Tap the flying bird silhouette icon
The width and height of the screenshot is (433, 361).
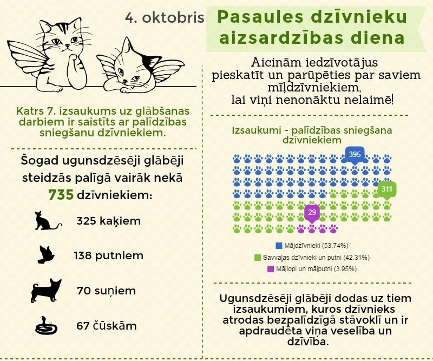click(x=48, y=255)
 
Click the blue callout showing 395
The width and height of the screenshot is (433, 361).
click(x=355, y=155)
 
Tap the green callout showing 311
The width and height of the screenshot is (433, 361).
click(x=386, y=190)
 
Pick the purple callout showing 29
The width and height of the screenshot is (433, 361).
click(x=311, y=212)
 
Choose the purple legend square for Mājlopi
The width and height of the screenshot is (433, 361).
click(x=270, y=268)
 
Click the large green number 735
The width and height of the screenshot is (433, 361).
click(x=61, y=195)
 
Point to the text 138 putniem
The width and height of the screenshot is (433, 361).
click(x=110, y=255)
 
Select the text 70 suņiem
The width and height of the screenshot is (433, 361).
click(x=106, y=291)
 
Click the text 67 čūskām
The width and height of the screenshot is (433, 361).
click(x=107, y=326)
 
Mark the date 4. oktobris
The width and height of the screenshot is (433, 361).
click(x=165, y=18)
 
